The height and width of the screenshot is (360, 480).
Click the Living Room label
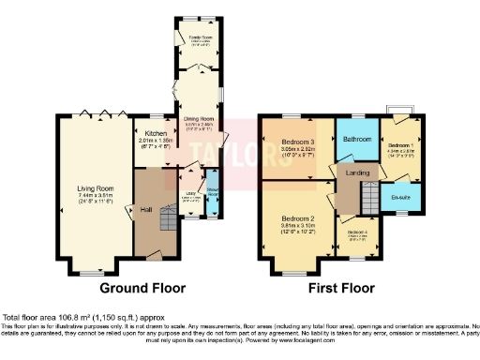point(95,187)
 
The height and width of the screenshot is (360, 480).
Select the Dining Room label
point(198,119)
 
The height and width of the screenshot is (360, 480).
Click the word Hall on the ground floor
point(147,209)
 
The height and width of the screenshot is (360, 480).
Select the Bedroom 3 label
point(299,142)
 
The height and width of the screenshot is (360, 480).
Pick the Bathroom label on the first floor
point(358,139)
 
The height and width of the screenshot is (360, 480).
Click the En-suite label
point(402,197)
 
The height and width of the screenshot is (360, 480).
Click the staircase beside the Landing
point(348,198)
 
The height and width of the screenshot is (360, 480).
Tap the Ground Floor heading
point(142,288)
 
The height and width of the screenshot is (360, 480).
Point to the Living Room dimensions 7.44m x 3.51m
point(95,194)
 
